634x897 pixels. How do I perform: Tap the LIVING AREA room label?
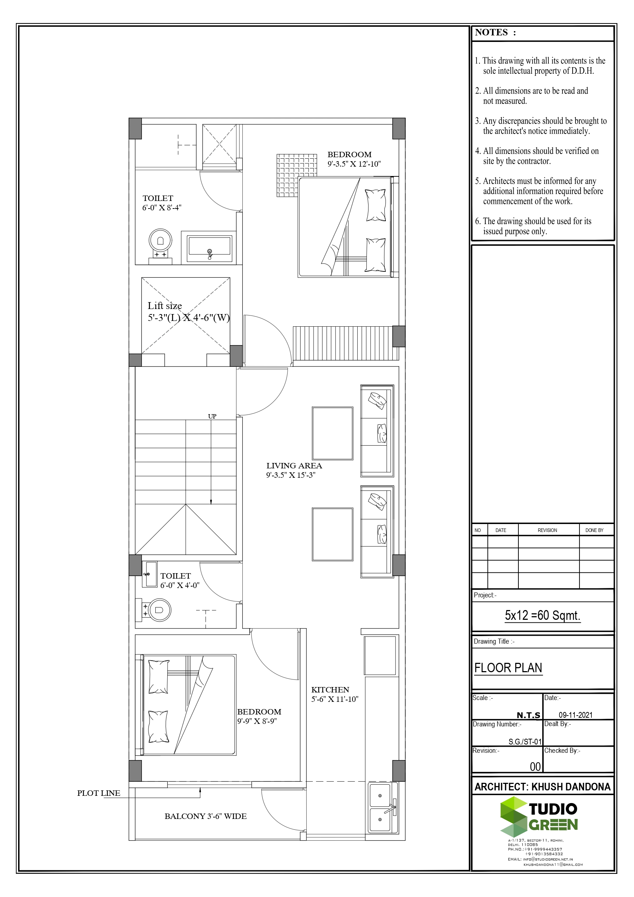pos(294,466)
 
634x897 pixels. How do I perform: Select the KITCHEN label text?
pos(330,690)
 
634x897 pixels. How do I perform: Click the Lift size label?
pos(164,306)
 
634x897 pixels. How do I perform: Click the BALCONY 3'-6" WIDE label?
pos(206,816)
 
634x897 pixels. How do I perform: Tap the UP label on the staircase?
pos(212,416)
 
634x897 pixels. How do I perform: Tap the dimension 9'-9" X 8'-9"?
pos(256,721)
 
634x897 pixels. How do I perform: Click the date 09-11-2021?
pos(575,715)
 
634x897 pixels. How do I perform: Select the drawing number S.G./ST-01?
pos(525,742)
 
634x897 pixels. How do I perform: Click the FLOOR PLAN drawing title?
pos(508,668)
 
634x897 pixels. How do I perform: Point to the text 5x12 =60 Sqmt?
pos(543,615)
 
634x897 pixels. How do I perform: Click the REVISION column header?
pos(547,530)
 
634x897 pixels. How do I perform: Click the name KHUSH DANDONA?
pos(571,787)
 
